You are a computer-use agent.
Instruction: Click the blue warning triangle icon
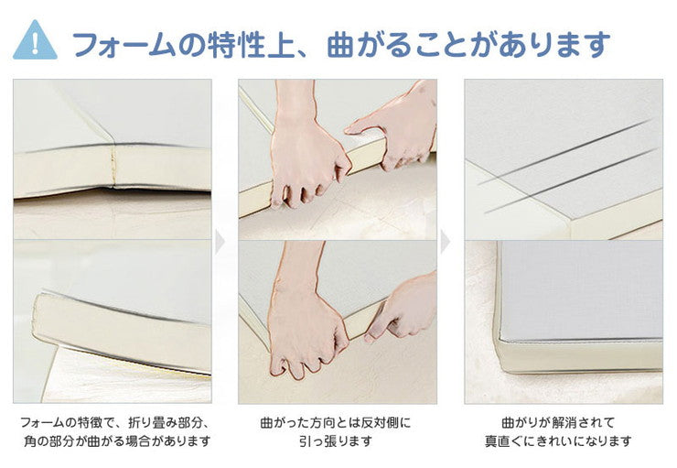click(35, 41)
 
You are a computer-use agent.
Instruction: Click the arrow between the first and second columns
click(219, 243)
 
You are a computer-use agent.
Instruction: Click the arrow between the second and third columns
click(445, 243)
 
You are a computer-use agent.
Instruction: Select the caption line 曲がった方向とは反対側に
click(336, 423)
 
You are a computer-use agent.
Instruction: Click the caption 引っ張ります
click(336, 441)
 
